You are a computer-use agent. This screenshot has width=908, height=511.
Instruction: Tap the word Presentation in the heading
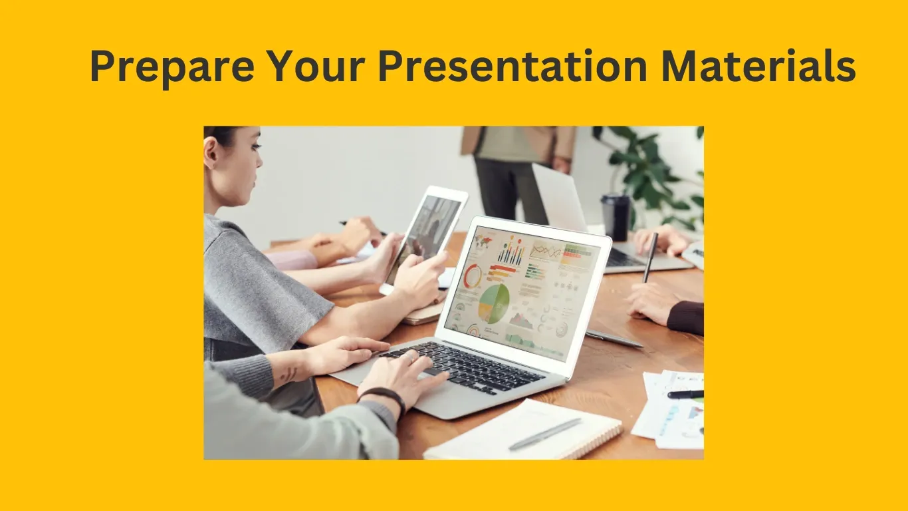(512, 66)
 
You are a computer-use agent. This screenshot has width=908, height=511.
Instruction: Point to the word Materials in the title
(758, 65)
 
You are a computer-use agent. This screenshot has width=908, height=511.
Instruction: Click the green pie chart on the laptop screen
(494, 303)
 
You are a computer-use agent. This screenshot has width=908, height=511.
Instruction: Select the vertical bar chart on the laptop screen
(511, 252)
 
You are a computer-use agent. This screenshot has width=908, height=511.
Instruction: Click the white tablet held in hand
(423, 240)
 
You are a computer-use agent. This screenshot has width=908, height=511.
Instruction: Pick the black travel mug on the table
(616, 218)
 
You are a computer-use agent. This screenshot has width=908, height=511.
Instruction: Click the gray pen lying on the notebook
(545, 434)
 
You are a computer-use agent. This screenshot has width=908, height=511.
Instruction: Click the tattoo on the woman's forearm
(288, 374)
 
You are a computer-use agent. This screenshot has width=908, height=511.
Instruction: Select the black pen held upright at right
(651, 257)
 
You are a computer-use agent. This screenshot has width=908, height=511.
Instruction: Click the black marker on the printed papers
(685, 394)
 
